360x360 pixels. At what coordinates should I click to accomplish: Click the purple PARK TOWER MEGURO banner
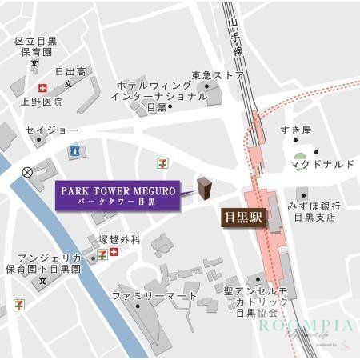click(x=117, y=196)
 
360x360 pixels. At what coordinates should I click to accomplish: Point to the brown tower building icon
click(x=204, y=189)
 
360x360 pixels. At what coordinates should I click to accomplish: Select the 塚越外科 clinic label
click(x=119, y=238)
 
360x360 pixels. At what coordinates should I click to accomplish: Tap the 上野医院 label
click(x=42, y=102)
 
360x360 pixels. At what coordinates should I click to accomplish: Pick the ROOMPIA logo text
click(x=305, y=326)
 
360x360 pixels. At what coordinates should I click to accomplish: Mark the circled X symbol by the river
click(x=27, y=171)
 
